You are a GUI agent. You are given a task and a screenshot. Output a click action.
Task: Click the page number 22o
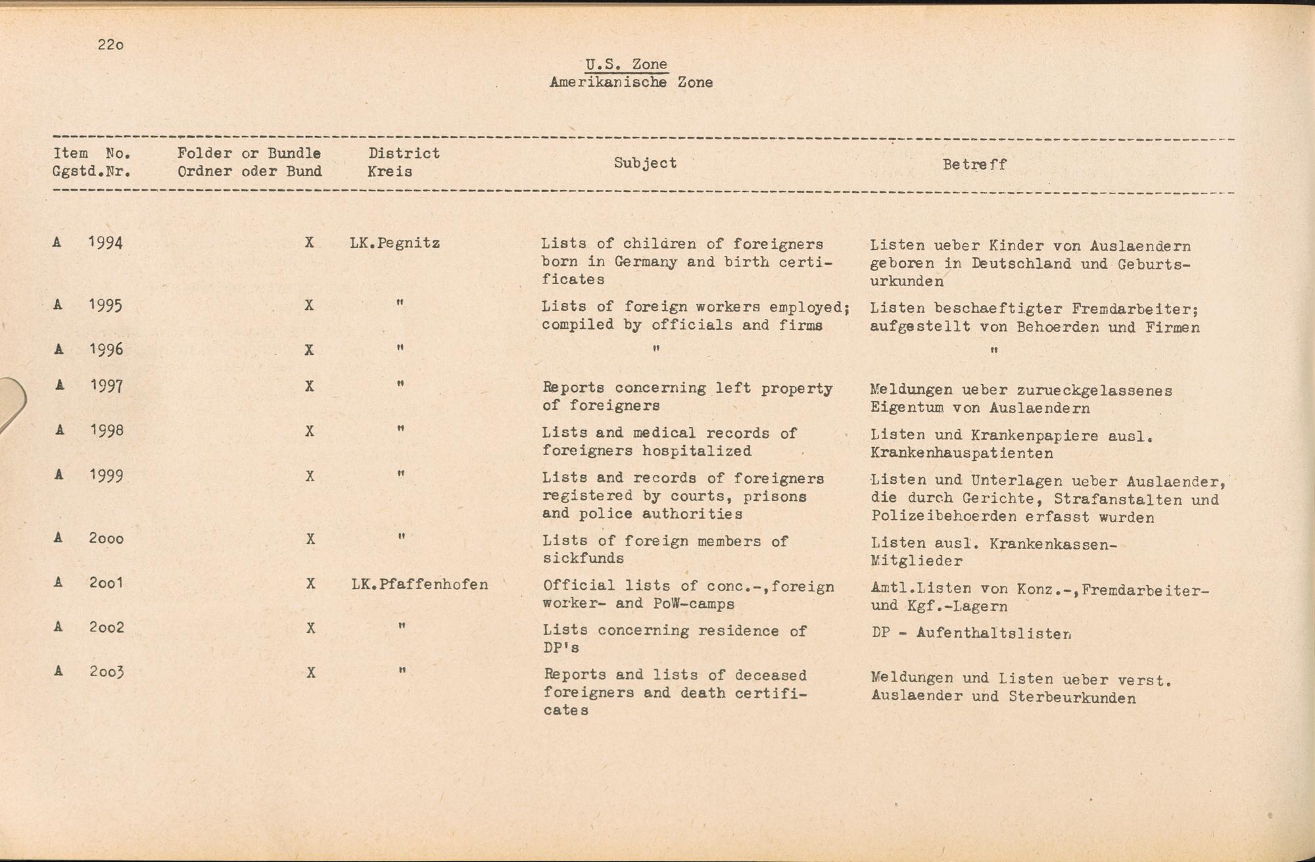click(110, 45)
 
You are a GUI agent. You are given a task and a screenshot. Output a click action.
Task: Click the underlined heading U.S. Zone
click(626, 64)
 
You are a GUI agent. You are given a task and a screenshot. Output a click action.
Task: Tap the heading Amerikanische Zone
click(631, 83)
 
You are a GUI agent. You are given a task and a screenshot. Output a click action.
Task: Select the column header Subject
click(645, 163)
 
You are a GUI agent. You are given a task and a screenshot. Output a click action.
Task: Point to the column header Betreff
click(974, 164)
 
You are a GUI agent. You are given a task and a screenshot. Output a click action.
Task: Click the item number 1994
click(105, 243)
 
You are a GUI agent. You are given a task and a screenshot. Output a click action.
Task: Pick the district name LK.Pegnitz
click(394, 243)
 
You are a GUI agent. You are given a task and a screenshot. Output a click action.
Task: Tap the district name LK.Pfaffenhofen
click(419, 585)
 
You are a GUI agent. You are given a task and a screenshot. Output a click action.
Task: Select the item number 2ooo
click(106, 539)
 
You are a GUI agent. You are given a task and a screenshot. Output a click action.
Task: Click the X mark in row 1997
click(309, 386)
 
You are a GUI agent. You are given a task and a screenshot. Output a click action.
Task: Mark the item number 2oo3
click(106, 672)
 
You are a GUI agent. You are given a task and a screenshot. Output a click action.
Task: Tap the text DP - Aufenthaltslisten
click(971, 634)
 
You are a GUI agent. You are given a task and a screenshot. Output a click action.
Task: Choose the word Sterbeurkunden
click(1072, 698)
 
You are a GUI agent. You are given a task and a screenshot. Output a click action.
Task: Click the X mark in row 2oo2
click(310, 628)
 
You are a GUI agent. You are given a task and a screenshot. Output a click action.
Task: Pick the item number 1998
click(106, 431)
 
